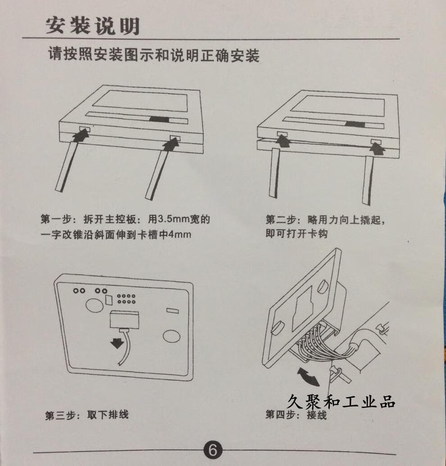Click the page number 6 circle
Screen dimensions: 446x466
tap(213, 450)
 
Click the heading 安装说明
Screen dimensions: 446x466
tap(93, 26)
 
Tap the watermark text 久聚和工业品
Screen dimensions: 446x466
tap(341, 401)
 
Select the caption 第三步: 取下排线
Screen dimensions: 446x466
tap(87, 415)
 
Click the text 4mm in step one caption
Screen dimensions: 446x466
tap(180, 234)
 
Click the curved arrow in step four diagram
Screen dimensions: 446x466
tap(308, 376)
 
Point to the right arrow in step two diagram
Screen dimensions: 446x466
tap(378, 148)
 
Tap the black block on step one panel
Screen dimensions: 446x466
tap(159, 119)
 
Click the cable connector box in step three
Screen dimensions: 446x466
tap(124, 319)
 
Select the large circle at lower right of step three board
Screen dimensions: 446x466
tap(172, 335)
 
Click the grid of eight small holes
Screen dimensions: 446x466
tap(126, 299)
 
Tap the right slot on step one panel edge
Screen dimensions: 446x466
tap(175, 138)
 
